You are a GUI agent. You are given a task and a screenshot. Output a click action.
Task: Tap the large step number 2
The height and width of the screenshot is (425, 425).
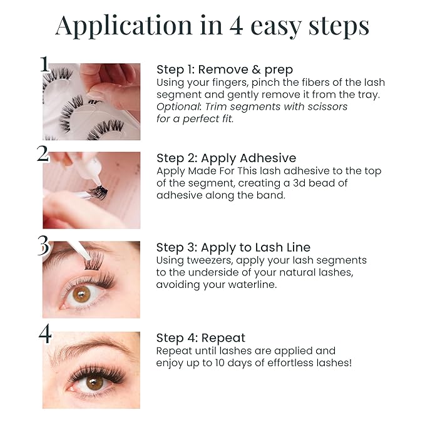pyautogui.click(x=43, y=153)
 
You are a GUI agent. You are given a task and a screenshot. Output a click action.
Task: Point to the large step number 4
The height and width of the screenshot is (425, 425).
pyautogui.click(x=44, y=334)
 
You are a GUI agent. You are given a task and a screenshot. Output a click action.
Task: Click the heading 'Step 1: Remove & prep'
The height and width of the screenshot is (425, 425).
pyautogui.click(x=224, y=69)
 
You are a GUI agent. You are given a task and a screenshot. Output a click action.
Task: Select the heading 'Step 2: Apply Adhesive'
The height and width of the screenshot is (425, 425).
pyautogui.click(x=226, y=158)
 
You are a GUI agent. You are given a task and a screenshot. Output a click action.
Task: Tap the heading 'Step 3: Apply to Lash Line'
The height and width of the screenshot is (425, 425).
pyautogui.click(x=233, y=247)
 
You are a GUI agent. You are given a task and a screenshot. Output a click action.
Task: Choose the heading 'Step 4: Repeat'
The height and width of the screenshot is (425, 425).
pyautogui.click(x=200, y=338)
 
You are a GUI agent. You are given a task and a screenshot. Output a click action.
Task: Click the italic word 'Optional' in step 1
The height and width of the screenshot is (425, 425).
pyautogui.click(x=178, y=106)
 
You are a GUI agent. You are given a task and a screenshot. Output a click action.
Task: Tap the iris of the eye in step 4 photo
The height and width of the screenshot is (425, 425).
pyautogui.click(x=95, y=382)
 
